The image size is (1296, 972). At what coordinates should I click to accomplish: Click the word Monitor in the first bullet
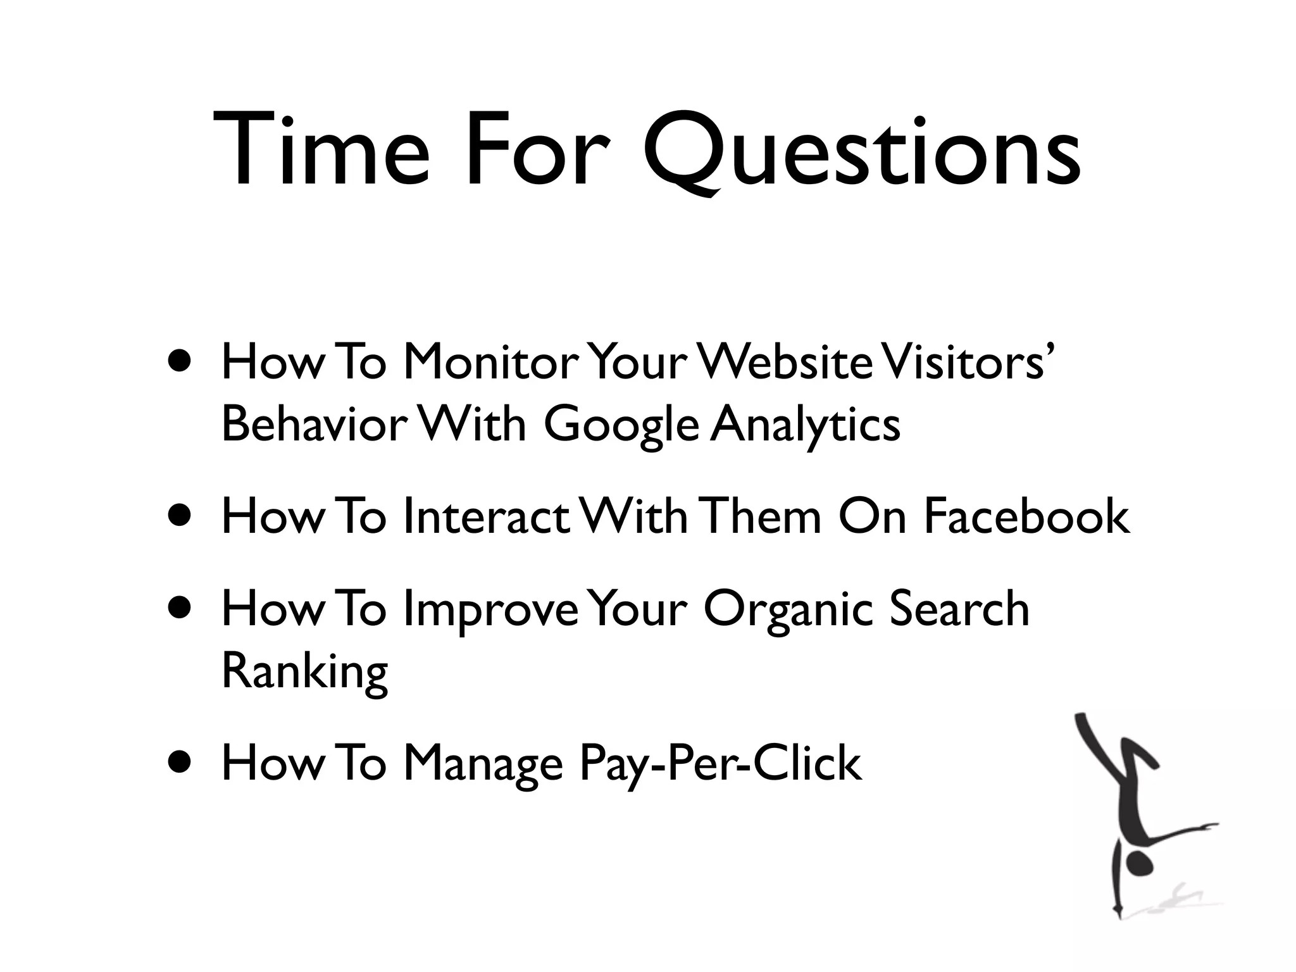pyautogui.click(x=490, y=363)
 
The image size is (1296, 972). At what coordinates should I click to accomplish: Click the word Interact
pyautogui.click(x=486, y=516)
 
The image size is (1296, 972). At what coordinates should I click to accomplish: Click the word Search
pyautogui.click(x=959, y=609)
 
